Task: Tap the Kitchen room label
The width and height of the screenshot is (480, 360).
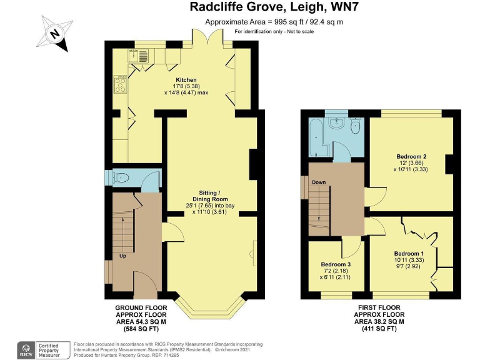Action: (x=186, y=80)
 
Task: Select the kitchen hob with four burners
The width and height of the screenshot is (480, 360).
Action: (x=119, y=84)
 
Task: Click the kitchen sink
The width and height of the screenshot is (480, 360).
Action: (x=139, y=57)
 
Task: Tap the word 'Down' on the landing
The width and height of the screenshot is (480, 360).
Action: (x=319, y=182)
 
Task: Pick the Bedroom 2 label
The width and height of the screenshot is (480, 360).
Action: (x=411, y=156)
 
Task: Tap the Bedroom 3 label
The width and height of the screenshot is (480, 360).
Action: (x=336, y=264)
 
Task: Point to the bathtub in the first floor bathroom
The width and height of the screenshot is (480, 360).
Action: (x=314, y=136)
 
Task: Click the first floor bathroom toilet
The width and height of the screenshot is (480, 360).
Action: (x=356, y=127)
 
